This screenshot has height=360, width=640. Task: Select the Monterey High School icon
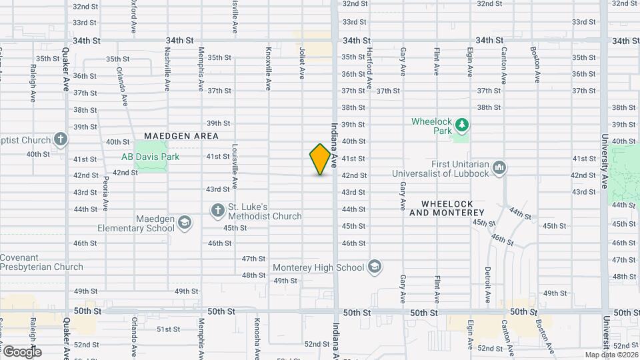(375, 267)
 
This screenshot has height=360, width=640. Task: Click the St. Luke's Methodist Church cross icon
(217, 210)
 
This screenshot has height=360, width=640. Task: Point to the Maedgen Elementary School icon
(185, 223)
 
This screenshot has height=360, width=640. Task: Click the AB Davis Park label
(143, 157)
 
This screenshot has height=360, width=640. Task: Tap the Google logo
(21, 352)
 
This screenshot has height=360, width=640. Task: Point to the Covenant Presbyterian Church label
(41, 262)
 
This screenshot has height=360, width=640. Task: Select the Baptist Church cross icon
(61, 140)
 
